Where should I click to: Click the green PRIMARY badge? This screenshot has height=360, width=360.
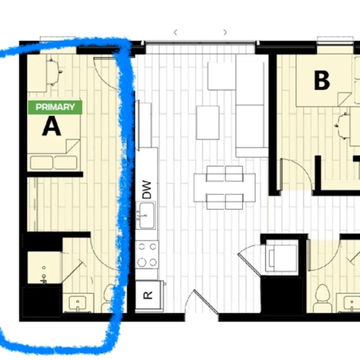coord(55,107)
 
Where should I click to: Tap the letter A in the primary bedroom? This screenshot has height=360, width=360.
coord(52,126)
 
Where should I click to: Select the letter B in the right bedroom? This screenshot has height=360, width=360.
coord(322,80)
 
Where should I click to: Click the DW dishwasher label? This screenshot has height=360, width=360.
coord(147,189)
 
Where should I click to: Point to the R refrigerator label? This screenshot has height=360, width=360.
coord(148,295)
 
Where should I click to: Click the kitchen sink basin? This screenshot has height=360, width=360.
coord(147,215)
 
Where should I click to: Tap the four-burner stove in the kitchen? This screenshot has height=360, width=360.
coord(147,255)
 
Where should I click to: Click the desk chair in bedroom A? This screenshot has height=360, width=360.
coord(54,72)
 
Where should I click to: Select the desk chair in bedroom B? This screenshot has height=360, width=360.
coord(343,126)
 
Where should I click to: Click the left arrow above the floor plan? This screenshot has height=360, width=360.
coord(176,32)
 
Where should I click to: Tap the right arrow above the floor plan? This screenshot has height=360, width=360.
coord(225,32)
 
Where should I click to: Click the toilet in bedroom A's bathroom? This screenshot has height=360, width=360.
coord(108,298)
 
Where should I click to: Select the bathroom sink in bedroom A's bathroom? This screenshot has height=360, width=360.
coord(78,303)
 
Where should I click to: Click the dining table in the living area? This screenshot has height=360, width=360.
coord(224,187)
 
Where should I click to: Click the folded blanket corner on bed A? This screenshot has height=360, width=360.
coord(73,146)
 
